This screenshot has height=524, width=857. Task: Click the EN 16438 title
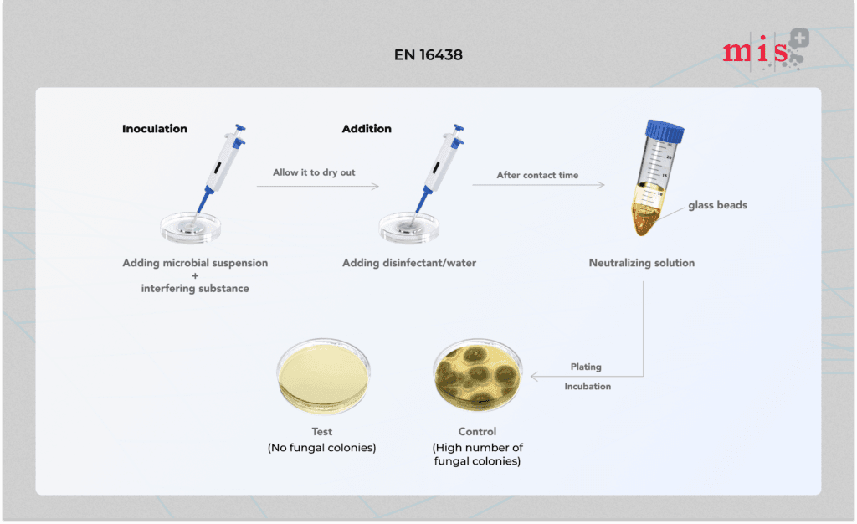coord(428,54)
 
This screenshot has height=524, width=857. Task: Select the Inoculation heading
coord(155,129)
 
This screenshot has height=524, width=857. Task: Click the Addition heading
coord(367,129)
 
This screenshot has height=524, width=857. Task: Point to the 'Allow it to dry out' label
coord(314,172)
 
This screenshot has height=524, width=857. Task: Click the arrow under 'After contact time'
coord(538,185)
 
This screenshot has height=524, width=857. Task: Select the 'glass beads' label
coord(717,205)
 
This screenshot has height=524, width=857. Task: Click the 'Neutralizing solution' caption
coord(642,263)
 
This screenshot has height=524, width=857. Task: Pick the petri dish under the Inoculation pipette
coord(190,228)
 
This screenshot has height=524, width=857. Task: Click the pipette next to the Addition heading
coord(440,167)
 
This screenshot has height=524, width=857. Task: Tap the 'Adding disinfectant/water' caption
coord(408,263)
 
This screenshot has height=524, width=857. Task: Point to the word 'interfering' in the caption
coord(167,289)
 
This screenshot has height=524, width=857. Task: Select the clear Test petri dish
coord(323,376)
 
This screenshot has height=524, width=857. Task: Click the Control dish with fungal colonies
coord(478,376)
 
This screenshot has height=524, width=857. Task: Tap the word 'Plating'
coord(586,367)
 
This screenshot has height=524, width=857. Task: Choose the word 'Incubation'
coord(588,387)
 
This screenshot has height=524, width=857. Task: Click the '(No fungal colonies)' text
coord(322,448)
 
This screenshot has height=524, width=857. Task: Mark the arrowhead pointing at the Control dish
coord(534,376)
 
